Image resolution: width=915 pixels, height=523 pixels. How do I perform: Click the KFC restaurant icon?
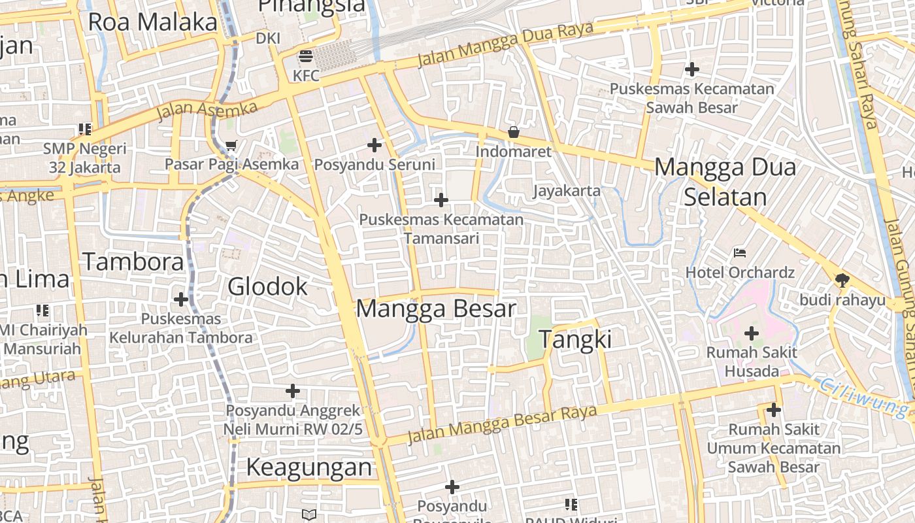305,56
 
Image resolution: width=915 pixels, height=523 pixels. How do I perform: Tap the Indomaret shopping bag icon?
514,132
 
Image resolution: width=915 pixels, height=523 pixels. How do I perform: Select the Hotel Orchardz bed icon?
740,252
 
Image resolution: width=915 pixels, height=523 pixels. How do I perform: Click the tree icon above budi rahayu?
842,280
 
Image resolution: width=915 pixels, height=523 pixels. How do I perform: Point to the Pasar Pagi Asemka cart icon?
231,145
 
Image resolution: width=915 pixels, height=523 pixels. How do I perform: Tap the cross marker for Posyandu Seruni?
374,145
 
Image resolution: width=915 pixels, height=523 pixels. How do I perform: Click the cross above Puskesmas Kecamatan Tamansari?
441,199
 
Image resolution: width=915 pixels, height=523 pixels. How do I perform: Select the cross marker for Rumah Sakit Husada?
752,333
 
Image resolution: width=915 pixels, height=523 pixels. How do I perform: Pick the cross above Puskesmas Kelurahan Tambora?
181,299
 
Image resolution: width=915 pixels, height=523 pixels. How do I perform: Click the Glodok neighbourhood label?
267,286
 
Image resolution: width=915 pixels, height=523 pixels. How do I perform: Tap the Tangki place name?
575,339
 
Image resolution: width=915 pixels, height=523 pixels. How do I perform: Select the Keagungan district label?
308,467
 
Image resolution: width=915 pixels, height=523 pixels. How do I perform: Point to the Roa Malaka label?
152,22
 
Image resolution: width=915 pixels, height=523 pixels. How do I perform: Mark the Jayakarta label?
567,191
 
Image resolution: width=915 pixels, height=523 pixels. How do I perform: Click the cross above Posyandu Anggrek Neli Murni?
293,391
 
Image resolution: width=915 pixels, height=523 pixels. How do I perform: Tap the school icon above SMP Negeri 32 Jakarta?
85,129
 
